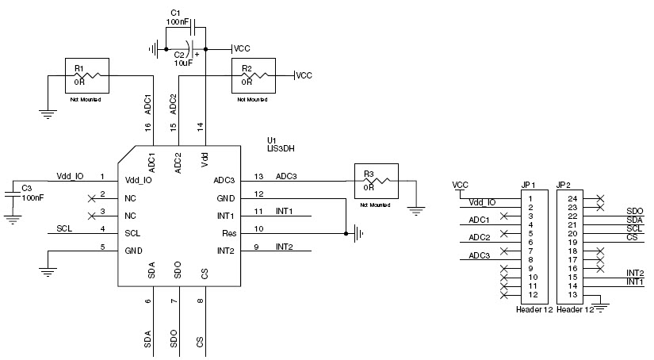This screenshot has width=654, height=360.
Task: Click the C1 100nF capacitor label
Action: click(x=176, y=17)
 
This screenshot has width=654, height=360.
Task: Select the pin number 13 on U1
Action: click(x=258, y=176)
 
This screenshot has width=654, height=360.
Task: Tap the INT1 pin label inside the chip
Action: click(x=225, y=216)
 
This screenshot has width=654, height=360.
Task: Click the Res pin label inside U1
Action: click(x=228, y=233)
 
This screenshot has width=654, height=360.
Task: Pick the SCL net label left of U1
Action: click(x=66, y=229)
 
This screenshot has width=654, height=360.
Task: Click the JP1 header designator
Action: click(x=529, y=186)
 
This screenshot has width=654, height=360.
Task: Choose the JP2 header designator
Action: click(x=565, y=186)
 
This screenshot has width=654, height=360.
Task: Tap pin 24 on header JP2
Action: click(x=572, y=198)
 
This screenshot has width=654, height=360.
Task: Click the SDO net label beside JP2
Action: click(x=634, y=212)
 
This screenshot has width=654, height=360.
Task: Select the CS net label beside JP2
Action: click(x=631, y=238)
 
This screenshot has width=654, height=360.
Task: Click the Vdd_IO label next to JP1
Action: click(x=482, y=203)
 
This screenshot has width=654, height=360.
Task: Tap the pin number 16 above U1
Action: click(x=148, y=127)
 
